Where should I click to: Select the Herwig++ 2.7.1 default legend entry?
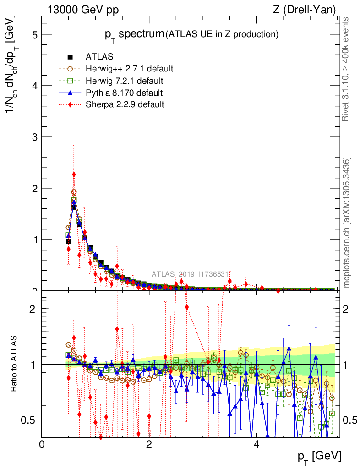pyautogui.click(x=129, y=69)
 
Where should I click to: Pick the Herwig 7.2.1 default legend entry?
pyautogui.click(x=125, y=81)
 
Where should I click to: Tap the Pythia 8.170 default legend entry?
pyautogui.click(x=124, y=93)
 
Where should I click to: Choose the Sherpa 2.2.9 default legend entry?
pyautogui.click(x=125, y=104)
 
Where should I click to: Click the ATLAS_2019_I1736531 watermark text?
pyautogui.click(x=190, y=274)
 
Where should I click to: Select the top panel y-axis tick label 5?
pyautogui.click(x=33, y=35)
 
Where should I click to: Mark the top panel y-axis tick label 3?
pyautogui.click(x=33, y=137)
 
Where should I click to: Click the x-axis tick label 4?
pyautogui.click(x=256, y=444)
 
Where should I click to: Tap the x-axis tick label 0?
pyautogui.click(x=42, y=444)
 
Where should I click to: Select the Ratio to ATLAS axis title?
pyautogui.click(x=14, y=365)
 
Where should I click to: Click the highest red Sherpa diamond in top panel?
pyautogui.click(x=74, y=175)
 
